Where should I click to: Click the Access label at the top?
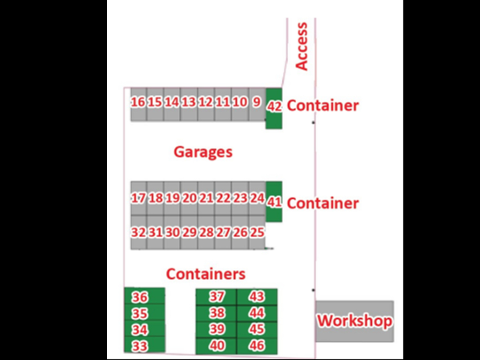302,46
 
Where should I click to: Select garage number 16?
138,103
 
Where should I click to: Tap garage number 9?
256,103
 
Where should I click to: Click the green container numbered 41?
274,202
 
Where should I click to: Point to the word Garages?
203,152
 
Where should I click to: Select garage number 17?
138,198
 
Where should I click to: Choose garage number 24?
257,198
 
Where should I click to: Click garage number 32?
138,232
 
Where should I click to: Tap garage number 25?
257,232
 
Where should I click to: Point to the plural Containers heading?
206,274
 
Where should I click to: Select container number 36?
140,297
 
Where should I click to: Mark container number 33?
140,346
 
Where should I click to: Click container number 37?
217,297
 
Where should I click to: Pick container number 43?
257,297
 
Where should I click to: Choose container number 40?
217,346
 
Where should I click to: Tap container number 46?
257,346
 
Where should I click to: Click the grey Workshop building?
354,321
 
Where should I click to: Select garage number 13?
189,103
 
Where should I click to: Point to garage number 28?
206,232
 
